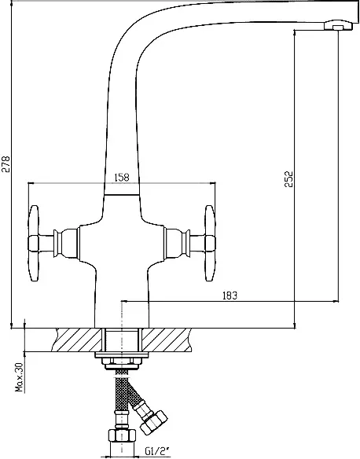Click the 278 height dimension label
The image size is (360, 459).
(x=6, y=164)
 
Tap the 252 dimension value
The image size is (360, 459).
(x=288, y=179)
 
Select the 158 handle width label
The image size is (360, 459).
(x=122, y=177)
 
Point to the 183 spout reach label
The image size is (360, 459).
(x=230, y=296)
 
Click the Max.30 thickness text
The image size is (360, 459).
(x=20, y=377)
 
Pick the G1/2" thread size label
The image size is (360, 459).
(x=157, y=451)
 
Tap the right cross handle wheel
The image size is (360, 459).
(x=210, y=244)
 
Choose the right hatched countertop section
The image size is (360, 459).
(x=167, y=340)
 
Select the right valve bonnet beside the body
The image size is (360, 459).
(x=177, y=244)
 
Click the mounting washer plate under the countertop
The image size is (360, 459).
(x=122, y=355)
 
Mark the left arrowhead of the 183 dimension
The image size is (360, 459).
(x=124, y=301)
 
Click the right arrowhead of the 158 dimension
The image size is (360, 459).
(x=212, y=183)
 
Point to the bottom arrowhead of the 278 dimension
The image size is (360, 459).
(x=11, y=325)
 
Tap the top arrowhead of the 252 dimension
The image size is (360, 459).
(x=294, y=33)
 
